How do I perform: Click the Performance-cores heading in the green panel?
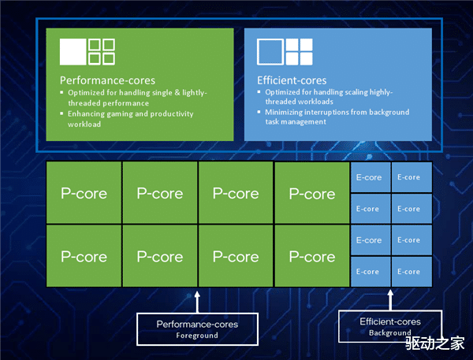107,80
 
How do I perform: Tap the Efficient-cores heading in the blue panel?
292,80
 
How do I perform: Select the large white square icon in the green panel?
73,51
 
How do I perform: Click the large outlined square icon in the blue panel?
270,51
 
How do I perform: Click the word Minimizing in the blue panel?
284,112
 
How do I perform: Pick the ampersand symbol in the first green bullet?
177,93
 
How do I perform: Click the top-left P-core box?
84,192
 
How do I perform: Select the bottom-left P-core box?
84,256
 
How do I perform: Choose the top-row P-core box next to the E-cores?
312,192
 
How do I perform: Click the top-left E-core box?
371,177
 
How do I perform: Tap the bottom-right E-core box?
412,271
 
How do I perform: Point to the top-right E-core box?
412,177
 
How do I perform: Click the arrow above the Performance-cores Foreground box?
197,302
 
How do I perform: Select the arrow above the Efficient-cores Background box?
390,300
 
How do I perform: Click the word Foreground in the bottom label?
197,336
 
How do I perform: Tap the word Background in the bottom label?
389,333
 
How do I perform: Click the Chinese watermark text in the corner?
434,343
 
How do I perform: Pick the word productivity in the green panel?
172,114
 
